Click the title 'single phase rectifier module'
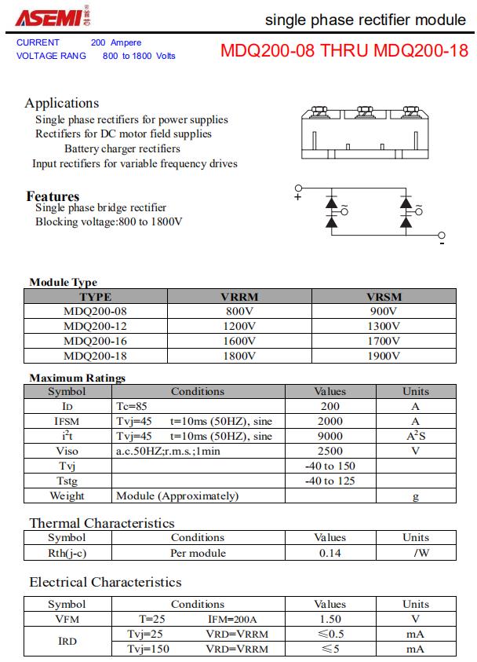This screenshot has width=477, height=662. click(365, 19)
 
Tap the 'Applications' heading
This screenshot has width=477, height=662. click(62, 103)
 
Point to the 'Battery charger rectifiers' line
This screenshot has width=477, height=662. click(122, 148)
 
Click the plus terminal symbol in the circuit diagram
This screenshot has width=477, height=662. click(297, 197)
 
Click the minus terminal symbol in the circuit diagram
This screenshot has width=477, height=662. click(442, 244)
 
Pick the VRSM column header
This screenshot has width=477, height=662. click(383, 297)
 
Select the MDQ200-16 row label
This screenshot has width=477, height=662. click(95, 341)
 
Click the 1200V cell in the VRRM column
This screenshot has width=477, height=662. click(239, 326)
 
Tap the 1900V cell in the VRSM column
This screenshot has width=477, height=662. click(383, 356)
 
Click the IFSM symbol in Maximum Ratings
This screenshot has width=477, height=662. click(67, 421)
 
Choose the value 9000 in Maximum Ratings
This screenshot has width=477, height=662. click(330, 436)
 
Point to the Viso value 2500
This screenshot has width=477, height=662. click(330, 451)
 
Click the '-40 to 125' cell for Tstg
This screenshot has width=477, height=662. click(330, 481)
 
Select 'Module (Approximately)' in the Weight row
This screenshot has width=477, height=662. click(177, 496)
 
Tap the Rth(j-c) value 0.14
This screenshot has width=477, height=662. click(330, 553)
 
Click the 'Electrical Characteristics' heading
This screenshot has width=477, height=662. click(105, 582)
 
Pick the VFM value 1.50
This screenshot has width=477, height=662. click(330, 619)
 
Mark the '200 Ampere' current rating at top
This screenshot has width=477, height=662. click(116, 42)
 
